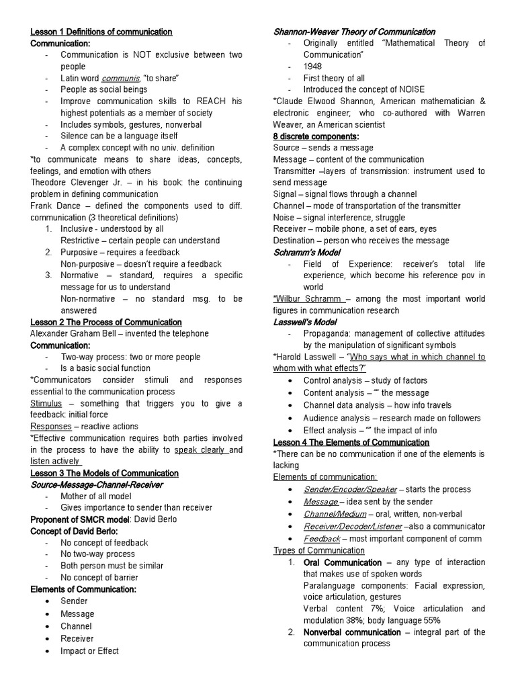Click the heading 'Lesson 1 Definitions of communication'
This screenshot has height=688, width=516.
[101, 32]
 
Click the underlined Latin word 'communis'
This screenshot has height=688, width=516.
[120, 78]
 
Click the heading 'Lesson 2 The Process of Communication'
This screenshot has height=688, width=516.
[106, 322]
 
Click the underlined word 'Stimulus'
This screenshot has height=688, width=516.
[46, 403]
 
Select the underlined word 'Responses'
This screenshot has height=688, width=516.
[51, 427]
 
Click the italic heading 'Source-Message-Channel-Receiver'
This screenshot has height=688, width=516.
[97, 484]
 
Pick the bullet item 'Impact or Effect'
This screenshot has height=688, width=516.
[89, 650]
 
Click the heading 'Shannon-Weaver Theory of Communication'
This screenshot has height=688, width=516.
[354, 32]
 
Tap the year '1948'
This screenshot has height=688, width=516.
[312, 67]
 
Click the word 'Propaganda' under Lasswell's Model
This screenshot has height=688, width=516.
[325, 333]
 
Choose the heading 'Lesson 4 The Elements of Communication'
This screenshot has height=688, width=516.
[351, 442]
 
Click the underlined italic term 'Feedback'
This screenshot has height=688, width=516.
[322, 539]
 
